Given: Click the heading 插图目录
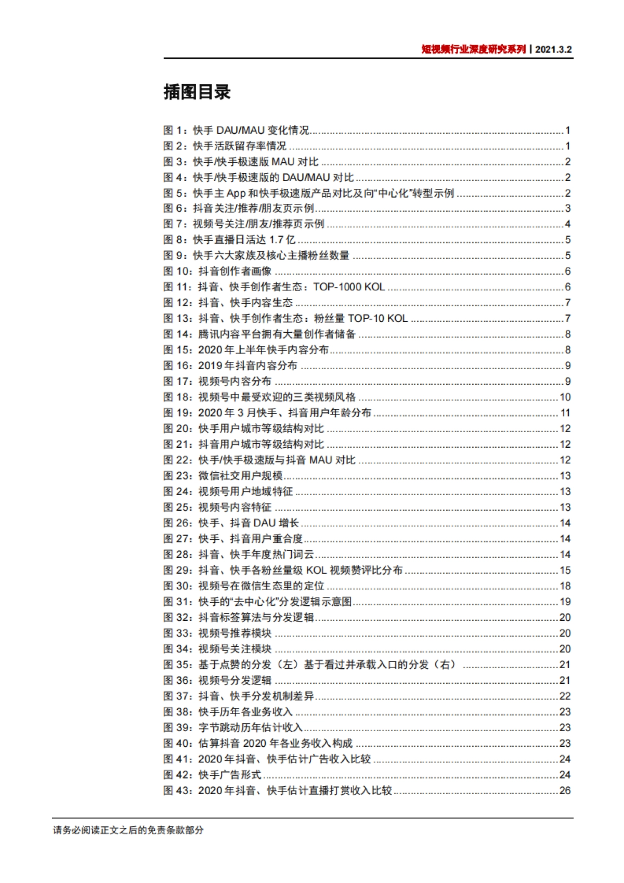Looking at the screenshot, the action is coord(197,92).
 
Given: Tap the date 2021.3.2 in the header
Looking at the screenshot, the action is coord(553,49).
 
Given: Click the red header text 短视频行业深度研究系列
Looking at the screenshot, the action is coord(473,49).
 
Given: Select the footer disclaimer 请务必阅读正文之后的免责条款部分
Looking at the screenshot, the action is coord(128,830).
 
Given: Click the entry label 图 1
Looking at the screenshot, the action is coord(174,130).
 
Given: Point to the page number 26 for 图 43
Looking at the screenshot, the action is coord(565,790).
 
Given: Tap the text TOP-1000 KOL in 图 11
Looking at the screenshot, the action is coord(349,287).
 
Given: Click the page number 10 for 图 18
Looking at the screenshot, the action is coord(565,397).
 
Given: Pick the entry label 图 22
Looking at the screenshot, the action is coord(177,460).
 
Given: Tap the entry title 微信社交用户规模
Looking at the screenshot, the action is coord(240,476).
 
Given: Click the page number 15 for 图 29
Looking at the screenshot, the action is coord(565,570).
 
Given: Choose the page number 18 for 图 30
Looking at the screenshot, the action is coord(565,586).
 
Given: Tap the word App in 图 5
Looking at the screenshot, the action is coord(236,193).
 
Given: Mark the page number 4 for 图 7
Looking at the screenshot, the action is coord(567,224).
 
